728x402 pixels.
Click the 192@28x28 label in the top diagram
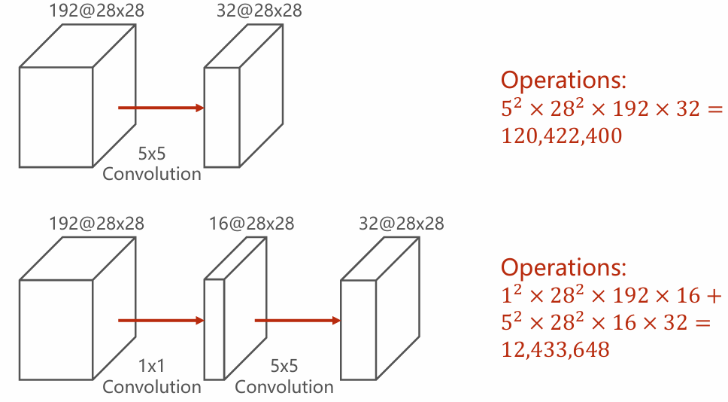tap(96, 11)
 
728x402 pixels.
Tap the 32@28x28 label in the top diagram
tap(259, 11)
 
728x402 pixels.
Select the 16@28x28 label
tap(251, 224)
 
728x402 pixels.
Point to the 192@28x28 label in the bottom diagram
tap(96, 224)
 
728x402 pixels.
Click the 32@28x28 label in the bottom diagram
tap(401, 224)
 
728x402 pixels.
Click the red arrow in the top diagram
tap(161, 108)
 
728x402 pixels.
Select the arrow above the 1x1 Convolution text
tap(161, 321)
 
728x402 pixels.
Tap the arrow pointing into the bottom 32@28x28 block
tap(298, 321)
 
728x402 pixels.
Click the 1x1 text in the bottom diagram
tap(151, 366)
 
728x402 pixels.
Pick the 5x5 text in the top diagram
tap(151, 154)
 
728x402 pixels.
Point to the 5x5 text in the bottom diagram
tap(284, 366)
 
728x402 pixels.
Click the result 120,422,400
tap(561, 136)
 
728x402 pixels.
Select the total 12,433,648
tap(555, 349)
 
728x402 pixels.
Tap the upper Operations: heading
tap(563, 80)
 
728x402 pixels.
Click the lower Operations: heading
tap(563, 267)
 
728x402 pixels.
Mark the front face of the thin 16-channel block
tap(214, 330)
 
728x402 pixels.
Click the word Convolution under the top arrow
tap(152, 174)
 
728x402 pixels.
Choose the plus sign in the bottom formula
tap(714, 296)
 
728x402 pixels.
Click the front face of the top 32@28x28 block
tap(222, 117)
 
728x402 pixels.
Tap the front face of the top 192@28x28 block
tap(56, 117)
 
